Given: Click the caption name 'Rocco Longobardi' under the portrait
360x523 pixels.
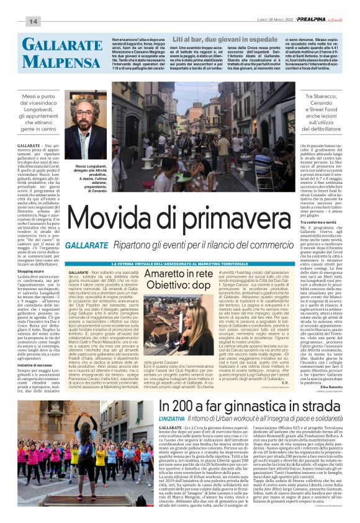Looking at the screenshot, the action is tap(92, 166).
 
